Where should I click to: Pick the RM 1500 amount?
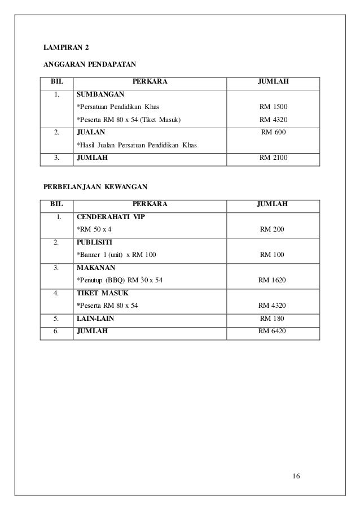click(x=273, y=106)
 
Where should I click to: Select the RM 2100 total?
click(x=273, y=158)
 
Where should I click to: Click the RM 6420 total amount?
click(x=272, y=331)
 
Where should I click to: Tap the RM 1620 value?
click(x=272, y=280)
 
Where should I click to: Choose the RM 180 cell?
click(x=272, y=319)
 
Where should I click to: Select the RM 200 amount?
click(x=272, y=229)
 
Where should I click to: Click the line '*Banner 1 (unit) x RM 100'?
click(x=117, y=255)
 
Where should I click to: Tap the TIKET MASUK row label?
click(x=102, y=293)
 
